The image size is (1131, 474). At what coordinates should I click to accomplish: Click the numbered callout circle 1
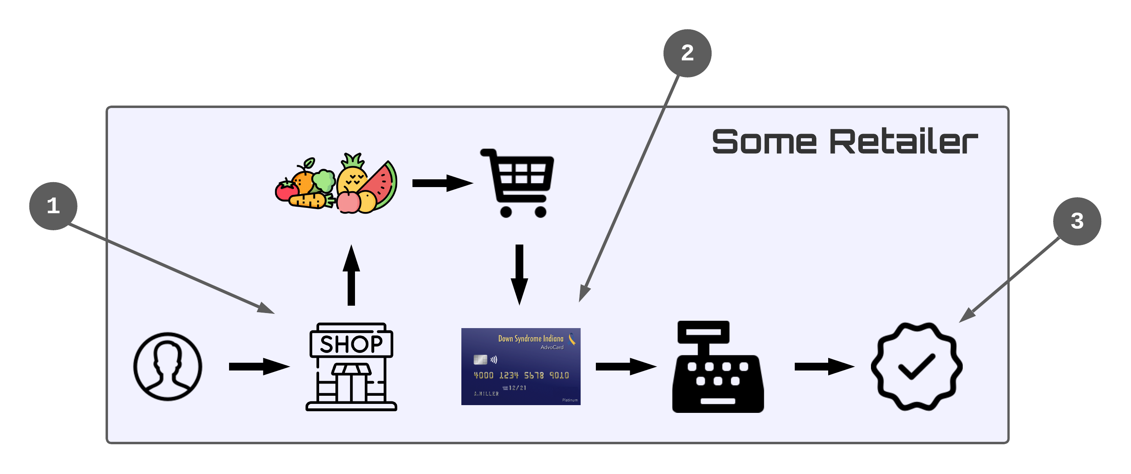(53, 206)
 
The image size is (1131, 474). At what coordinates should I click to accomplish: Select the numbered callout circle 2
(687, 53)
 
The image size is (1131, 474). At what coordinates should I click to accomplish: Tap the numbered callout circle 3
(1076, 221)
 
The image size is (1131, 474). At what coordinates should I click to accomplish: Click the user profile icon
(168, 366)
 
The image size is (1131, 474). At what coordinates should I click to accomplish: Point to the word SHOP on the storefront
(351, 344)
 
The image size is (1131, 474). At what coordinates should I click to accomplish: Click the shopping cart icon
(518, 182)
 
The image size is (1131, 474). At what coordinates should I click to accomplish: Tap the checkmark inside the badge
(917, 366)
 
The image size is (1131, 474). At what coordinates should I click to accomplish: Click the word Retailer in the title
(904, 142)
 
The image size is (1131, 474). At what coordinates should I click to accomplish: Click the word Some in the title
(764, 142)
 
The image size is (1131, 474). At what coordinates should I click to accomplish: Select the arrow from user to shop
(259, 366)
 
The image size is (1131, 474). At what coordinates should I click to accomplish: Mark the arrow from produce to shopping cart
(442, 183)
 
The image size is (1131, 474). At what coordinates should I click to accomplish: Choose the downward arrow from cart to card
(519, 274)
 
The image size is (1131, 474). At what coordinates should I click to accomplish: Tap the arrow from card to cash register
(626, 366)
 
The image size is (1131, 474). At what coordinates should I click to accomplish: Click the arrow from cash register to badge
(824, 366)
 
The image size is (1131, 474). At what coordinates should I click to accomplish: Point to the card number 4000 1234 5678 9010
(521, 375)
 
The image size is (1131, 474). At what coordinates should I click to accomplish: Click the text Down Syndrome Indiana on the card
(530, 338)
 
